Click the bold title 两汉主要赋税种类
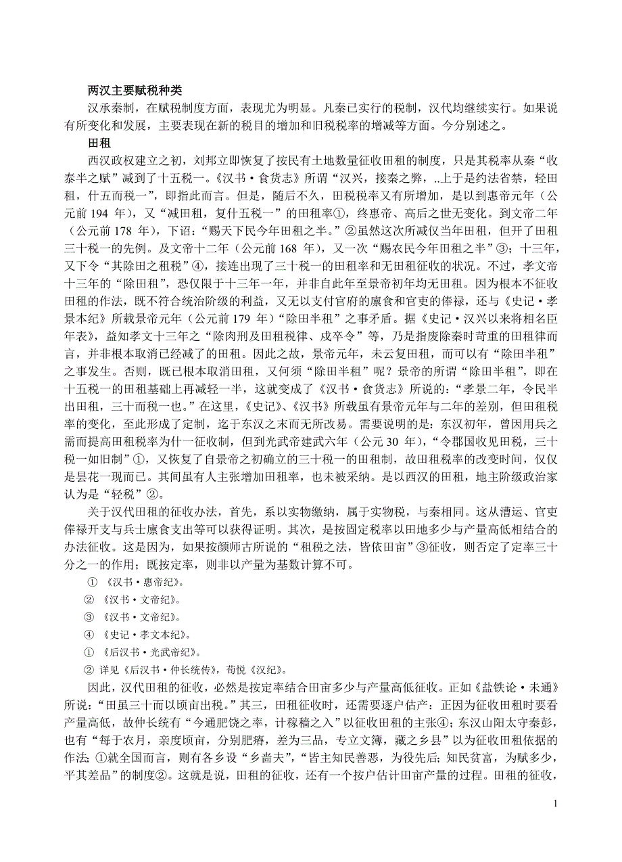pyautogui.click(x=135, y=91)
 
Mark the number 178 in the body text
pyautogui.click(x=135, y=231)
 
